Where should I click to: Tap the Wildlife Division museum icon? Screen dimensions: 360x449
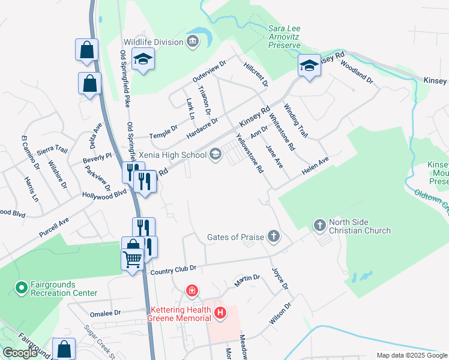pyautogui.click(x=193, y=41)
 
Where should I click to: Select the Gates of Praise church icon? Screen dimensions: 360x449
pyautogui.click(x=274, y=236)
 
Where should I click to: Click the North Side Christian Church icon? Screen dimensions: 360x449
pyautogui.click(x=319, y=226)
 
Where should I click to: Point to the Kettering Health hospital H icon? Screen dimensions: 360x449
pyautogui.click(x=220, y=313)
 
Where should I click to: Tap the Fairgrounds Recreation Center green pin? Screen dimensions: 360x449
pyautogui.click(x=21, y=288)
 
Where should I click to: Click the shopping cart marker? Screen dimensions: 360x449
pyautogui.click(x=132, y=259)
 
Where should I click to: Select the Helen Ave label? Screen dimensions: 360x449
pyautogui.click(x=315, y=167)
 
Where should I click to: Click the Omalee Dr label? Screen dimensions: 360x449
pyautogui.click(x=105, y=313)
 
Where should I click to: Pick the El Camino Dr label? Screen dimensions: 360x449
pyautogui.click(x=31, y=152)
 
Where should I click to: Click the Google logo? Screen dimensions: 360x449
pyautogui.click(x=20, y=352)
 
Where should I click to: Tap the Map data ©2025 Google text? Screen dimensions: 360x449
pyautogui.click(x=411, y=355)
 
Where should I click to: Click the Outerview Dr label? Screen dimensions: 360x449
pyautogui.click(x=208, y=71)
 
